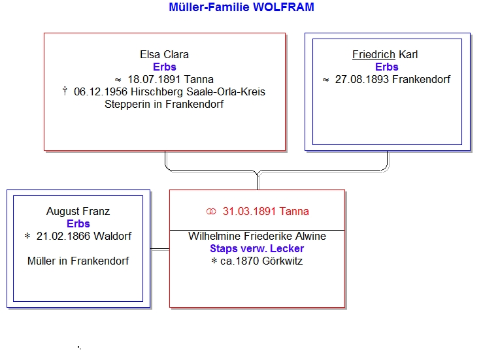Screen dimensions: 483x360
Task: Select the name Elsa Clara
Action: click(x=164, y=54)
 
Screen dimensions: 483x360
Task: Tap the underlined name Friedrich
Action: click(x=374, y=54)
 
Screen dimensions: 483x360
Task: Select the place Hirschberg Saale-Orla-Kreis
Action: click(x=198, y=91)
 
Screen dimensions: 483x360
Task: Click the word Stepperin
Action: click(x=127, y=105)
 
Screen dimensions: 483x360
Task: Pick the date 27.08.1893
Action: click(x=362, y=80)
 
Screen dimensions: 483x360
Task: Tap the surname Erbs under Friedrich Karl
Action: click(x=386, y=67)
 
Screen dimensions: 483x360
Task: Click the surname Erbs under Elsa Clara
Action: click(x=165, y=67)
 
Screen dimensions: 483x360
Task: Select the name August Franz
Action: click(x=78, y=211)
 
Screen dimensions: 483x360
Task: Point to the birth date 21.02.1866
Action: click(x=63, y=237)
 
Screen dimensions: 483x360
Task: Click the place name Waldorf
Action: click(x=112, y=237)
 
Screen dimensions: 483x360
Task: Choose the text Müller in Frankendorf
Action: click(x=78, y=261)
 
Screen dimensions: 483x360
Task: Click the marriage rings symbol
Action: click(x=211, y=212)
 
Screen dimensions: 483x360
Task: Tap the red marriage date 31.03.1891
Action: click(x=249, y=211)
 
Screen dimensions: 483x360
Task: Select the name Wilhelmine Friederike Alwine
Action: click(x=258, y=237)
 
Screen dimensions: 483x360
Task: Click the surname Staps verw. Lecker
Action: click(x=257, y=248)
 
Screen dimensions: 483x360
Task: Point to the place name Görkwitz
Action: click(x=282, y=261)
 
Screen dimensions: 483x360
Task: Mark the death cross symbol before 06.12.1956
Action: click(x=65, y=91)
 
